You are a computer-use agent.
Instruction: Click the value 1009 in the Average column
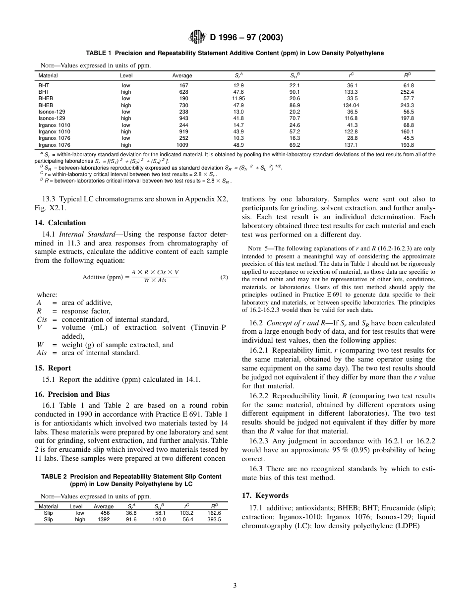point(182,145)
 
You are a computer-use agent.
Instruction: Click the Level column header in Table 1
point(126,76)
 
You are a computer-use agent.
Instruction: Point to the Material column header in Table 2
point(48,506)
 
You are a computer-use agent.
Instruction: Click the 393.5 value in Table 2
point(214,520)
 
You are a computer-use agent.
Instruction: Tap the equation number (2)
point(224,277)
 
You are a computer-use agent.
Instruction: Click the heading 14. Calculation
point(60,223)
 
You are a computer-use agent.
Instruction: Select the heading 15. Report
point(53,368)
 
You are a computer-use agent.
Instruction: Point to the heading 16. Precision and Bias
point(71,395)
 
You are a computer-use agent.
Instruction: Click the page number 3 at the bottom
point(235,586)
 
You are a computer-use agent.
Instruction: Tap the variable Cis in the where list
point(42,319)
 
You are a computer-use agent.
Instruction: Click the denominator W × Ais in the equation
point(155,282)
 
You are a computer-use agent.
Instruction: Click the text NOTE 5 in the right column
point(257,248)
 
